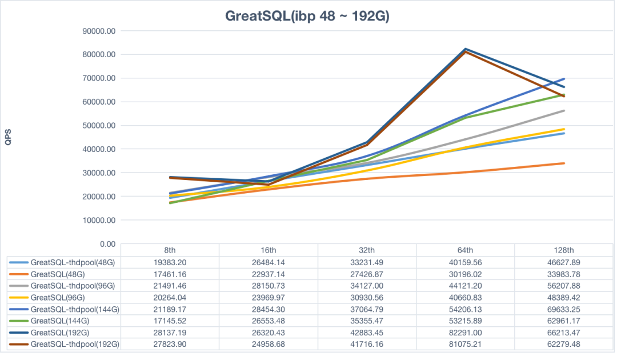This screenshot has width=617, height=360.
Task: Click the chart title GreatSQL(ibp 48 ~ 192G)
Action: pos(307,16)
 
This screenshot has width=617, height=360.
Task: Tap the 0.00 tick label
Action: pos(107,244)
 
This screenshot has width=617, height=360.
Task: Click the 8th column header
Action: pos(170,250)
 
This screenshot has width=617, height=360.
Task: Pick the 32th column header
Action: pos(367,250)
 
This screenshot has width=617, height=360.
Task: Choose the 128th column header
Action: pos(564,250)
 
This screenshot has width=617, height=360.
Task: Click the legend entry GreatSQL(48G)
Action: pos(58,273)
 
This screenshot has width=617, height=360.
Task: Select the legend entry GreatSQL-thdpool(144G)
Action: pos(75,309)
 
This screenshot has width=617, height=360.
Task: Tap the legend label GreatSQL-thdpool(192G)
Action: pos(75,344)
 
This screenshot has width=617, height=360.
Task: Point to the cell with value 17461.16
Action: pos(170,273)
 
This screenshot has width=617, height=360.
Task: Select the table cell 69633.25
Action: pos(564,309)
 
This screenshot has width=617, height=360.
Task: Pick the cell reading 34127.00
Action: pos(367,285)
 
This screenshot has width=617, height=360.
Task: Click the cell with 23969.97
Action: pos(269,297)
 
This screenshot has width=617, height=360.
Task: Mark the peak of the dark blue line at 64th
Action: pos(466,49)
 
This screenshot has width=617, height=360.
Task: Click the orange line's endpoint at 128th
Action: pos(564,163)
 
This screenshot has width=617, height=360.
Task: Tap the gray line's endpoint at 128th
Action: pos(564,111)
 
